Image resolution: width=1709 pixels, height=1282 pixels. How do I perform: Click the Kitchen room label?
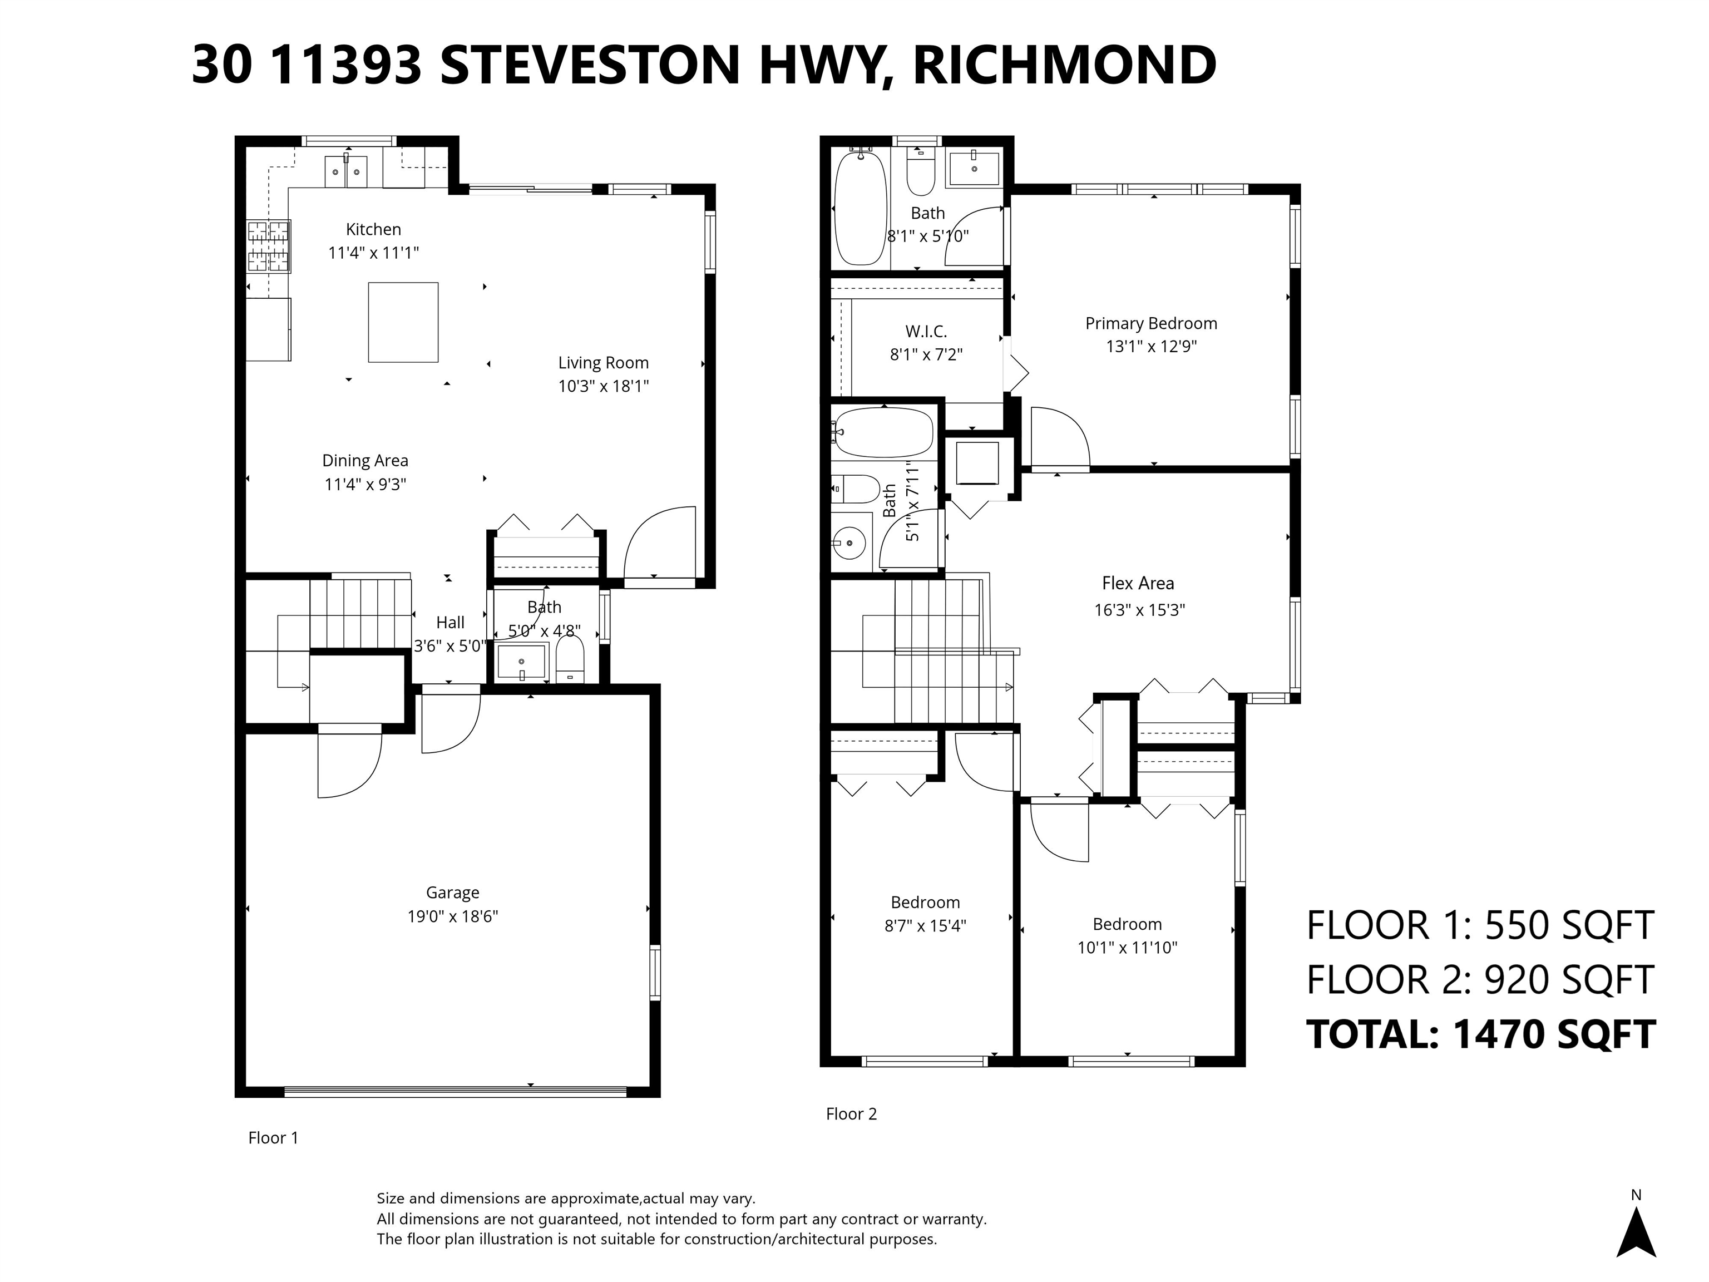(373, 229)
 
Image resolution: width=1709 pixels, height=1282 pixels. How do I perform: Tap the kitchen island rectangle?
(403, 322)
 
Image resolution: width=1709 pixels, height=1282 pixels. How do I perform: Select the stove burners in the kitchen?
(269, 246)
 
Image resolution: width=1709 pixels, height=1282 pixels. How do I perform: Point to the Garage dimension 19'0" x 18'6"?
(453, 916)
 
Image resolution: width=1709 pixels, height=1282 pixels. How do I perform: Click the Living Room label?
(604, 363)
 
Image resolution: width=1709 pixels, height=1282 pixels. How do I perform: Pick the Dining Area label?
(365, 461)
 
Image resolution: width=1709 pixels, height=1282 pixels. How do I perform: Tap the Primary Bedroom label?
(1151, 324)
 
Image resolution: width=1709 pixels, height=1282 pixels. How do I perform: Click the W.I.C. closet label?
(926, 332)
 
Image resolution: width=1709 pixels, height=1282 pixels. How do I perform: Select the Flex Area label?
(1138, 584)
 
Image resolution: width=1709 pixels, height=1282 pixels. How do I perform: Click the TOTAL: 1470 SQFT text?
(1480, 1034)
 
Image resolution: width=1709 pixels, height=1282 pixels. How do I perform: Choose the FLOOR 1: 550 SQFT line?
(1480, 925)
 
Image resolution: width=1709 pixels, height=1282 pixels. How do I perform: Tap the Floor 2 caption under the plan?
(851, 1113)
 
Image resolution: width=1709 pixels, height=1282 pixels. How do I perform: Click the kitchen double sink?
(347, 171)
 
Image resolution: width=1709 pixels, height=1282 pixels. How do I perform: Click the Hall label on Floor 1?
(451, 623)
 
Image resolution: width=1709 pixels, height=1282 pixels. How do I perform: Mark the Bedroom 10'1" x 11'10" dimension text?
(1127, 948)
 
